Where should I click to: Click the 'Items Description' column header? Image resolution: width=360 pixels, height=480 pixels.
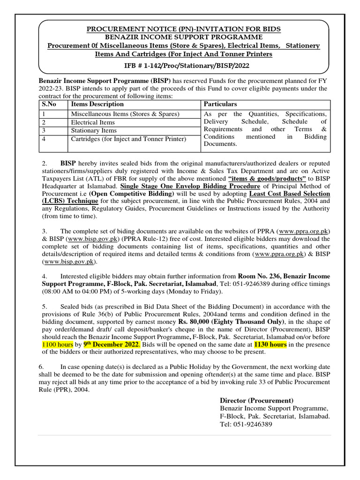[x=97, y=104]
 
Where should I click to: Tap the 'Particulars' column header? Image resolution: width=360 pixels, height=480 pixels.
[x=220, y=104]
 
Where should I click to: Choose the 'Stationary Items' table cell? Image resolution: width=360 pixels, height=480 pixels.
[x=93, y=131]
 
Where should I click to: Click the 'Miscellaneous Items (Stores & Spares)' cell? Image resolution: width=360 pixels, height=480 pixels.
[x=125, y=114]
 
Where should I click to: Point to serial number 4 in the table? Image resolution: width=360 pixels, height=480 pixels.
[x=44, y=139]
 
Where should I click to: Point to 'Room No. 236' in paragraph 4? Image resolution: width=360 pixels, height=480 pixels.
[x=258, y=276]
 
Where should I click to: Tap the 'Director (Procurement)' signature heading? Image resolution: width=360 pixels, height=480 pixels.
[x=257, y=400]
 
